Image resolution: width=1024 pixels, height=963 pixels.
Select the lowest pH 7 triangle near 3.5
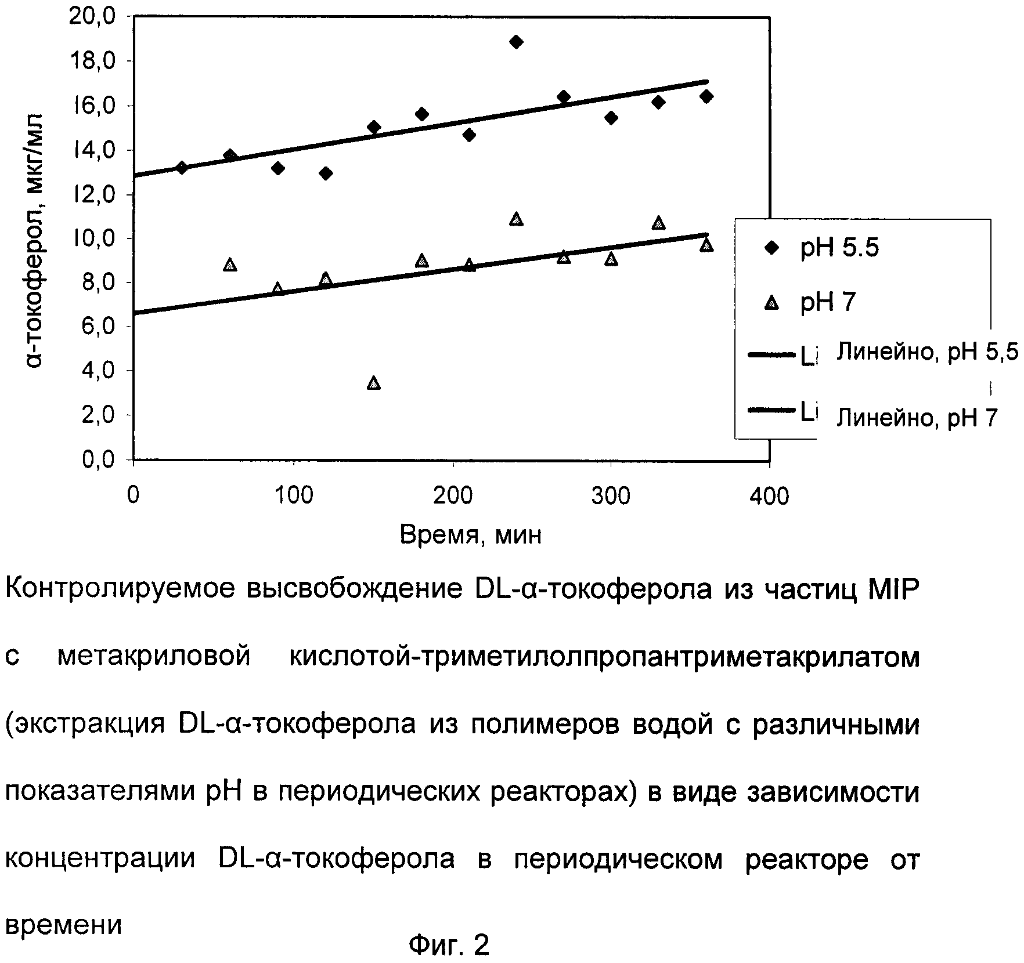[374, 383]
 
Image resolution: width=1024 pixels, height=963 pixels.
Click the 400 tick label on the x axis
[769, 497]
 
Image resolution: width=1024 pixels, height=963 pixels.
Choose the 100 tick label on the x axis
[293, 497]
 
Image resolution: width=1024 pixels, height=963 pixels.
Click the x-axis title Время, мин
[471, 534]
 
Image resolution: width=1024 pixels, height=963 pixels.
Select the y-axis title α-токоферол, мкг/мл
[36, 238]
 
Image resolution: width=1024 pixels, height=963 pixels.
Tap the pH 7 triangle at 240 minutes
[516, 219]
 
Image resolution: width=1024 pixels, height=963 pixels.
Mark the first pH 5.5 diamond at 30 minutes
[182, 168]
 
